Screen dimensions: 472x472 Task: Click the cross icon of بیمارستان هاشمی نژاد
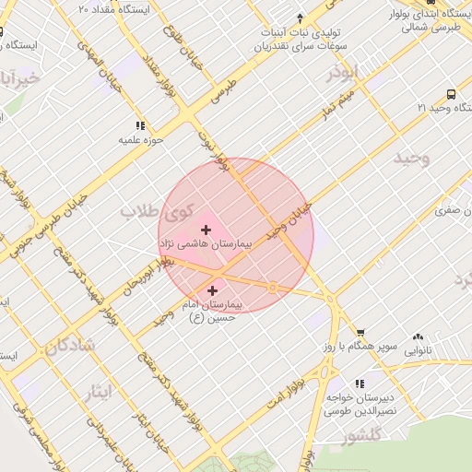click(x=205, y=229)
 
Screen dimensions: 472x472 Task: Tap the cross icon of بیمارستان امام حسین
click(x=213, y=290)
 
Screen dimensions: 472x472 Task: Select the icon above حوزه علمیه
click(x=140, y=125)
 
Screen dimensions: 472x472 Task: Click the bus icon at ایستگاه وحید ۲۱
click(x=451, y=94)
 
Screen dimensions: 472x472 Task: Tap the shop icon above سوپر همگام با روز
click(x=360, y=334)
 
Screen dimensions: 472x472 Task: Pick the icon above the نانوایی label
click(x=418, y=337)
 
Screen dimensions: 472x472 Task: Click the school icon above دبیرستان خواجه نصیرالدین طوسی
click(x=359, y=383)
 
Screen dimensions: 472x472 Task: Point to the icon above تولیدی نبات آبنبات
click(x=301, y=18)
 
